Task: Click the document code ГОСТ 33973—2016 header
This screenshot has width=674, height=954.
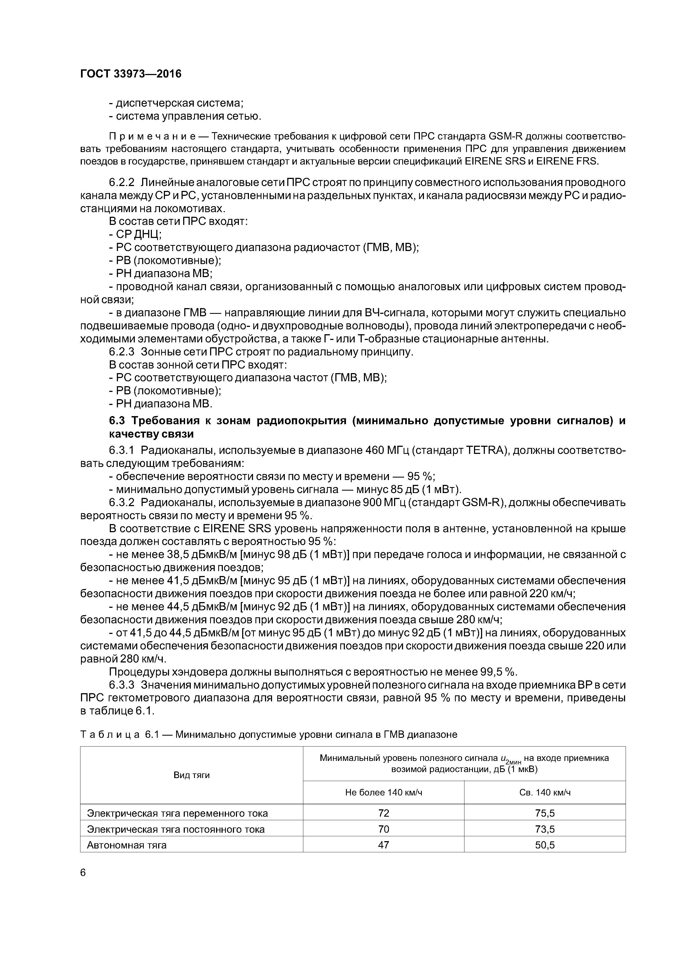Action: pos(130,74)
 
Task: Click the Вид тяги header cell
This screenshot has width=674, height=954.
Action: pos(191,775)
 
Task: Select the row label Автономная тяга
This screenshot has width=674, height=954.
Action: pos(127,845)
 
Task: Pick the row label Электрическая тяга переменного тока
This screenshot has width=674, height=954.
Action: pos(177,813)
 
